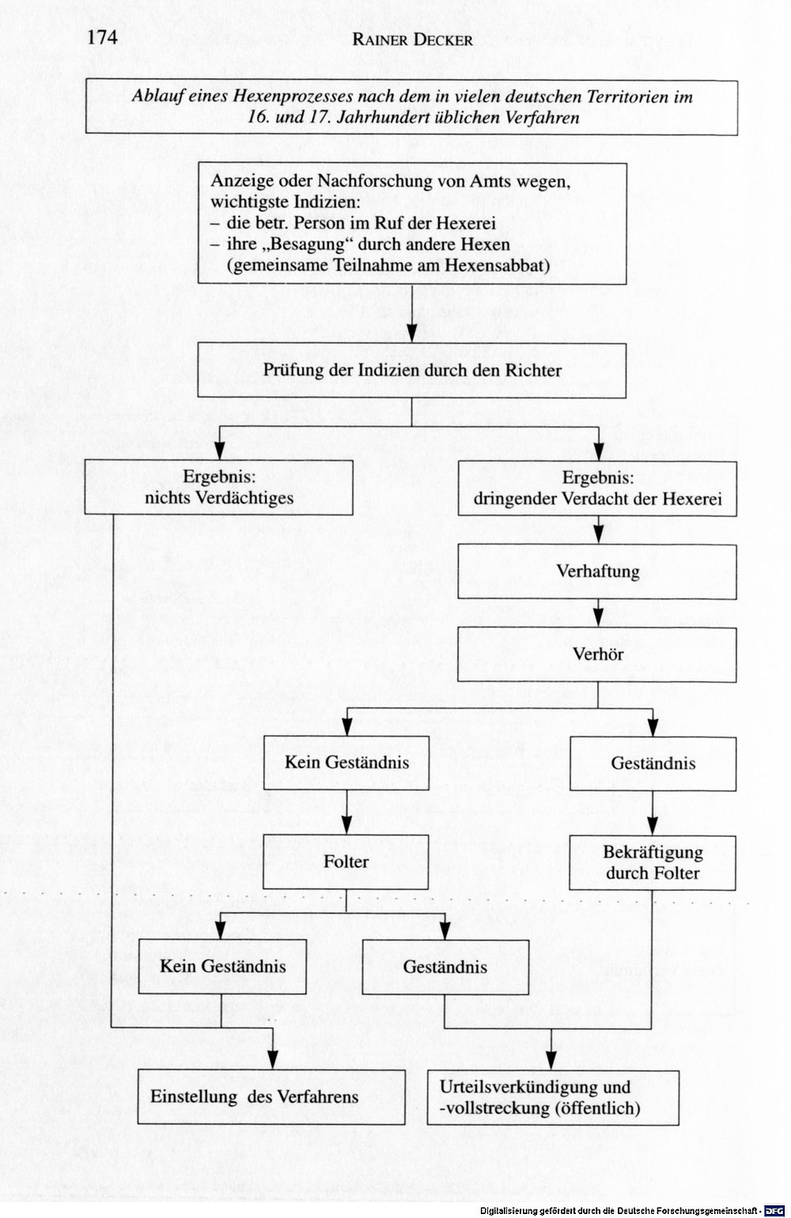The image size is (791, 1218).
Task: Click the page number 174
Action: click(x=102, y=37)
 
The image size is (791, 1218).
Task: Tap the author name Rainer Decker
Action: click(x=412, y=40)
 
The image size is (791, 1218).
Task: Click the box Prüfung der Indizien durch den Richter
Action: click(x=411, y=370)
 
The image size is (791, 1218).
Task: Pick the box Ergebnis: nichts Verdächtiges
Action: click(x=218, y=487)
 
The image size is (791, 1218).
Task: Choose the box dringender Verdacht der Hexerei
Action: click(x=597, y=488)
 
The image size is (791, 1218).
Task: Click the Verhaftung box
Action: click(x=597, y=571)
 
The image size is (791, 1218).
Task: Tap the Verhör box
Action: click(x=597, y=654)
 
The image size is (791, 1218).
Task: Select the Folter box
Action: click(x=346, y=862)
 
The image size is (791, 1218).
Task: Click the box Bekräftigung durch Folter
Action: click(x=653, y=862)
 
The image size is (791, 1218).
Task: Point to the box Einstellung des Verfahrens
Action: click(x=271, y=1097)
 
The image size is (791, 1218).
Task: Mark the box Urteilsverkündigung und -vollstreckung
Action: click(x=553, y=1097)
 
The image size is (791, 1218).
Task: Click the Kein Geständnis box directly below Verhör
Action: click(x=346, y=763)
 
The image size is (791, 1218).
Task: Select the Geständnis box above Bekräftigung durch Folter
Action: click(x=653, y=764)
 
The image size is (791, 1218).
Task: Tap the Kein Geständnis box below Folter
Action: click(x=222, y=966)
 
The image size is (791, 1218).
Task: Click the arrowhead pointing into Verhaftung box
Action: click(x=598, y=535)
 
